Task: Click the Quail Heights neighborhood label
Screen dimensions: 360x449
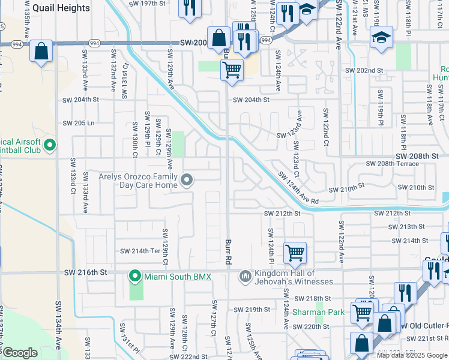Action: tap(61, 8)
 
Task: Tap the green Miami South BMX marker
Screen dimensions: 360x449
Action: tap(135, 276)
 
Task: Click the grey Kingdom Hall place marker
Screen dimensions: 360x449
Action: tap(245, 276)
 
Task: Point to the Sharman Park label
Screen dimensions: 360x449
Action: tap(318, 312)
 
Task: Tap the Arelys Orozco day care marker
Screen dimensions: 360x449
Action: tap(187, 180)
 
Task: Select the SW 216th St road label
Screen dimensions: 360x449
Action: tap(85, 272)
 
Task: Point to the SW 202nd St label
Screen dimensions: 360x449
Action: tap(364, 70)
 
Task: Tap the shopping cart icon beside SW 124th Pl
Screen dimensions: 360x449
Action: tap(295, 253)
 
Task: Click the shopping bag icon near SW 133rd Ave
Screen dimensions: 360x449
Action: tap(41, 52)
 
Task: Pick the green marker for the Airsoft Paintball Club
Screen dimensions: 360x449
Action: tap(49, 145)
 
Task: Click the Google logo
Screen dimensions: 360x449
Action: tap(20, 353)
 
